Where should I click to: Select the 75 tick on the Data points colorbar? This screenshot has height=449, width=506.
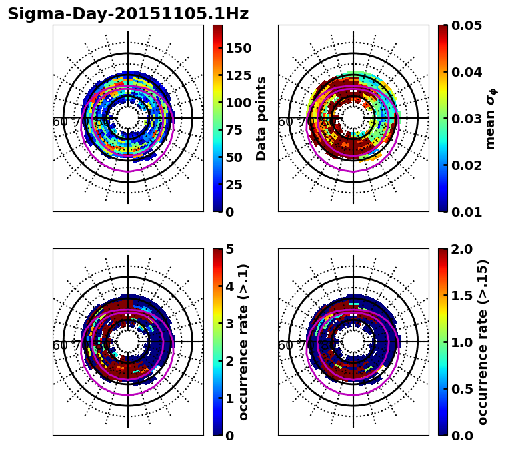coord(234,130)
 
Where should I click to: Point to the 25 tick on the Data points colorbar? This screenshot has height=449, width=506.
coord(234,185)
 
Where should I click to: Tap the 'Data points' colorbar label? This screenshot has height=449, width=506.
coord(261,118)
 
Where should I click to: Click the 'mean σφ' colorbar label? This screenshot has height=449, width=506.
coord(491,118)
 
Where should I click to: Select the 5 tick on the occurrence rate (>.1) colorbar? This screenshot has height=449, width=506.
coord(230,250)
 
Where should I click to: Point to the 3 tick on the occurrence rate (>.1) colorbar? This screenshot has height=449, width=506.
coord(230,324)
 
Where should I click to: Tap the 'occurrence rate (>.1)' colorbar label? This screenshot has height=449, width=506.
coord(244,342)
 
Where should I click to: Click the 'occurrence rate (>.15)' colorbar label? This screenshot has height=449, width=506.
coord(483,342)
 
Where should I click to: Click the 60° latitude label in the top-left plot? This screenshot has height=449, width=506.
coord(60,122)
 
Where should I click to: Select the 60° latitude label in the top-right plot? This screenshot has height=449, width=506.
coord(285,122)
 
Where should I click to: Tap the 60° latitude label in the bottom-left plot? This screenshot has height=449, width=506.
coord(60,346)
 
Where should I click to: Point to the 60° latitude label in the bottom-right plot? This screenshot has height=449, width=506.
coord(285,346)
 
